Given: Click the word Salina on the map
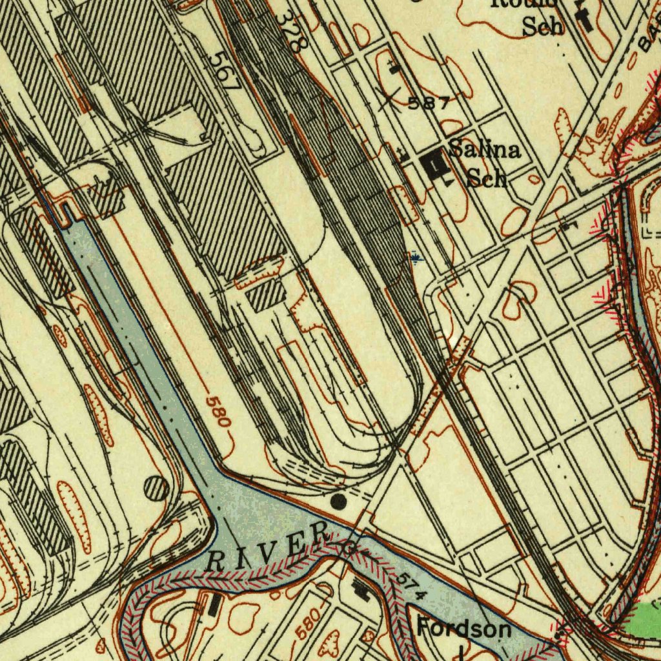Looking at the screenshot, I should [x=485, y=150].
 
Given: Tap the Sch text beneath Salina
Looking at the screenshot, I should [x=486, y=178].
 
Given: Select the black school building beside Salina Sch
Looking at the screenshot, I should [x=434, y=163].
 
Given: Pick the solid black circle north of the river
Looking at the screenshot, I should [x=338, y=500].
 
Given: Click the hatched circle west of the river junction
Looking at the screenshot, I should [x=157, y=487].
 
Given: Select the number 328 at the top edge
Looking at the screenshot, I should [x=289, y=32].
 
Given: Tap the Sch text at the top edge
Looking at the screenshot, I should [x=542, y=26].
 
